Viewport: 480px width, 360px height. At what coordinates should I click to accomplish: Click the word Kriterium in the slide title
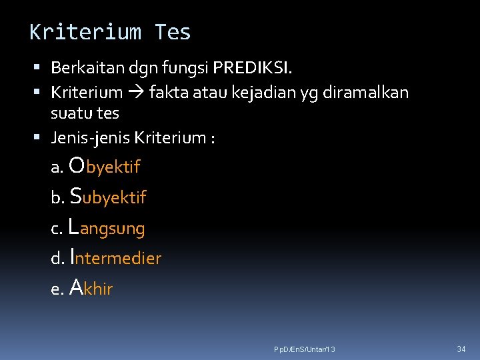(85, 32)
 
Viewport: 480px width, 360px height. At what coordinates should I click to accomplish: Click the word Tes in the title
(173, 32)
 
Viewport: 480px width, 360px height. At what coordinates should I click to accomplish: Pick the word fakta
(168, 93)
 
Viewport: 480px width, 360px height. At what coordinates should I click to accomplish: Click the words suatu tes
(85, 113)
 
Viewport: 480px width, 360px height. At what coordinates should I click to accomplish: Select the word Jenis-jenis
(90, 138)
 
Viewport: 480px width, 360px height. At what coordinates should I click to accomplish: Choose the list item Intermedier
(115, 257)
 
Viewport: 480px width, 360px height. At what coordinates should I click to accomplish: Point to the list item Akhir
(91, 289)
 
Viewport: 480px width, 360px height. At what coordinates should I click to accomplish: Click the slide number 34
(461, 349)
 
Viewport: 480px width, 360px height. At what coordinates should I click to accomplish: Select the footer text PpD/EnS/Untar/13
(305, 350)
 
